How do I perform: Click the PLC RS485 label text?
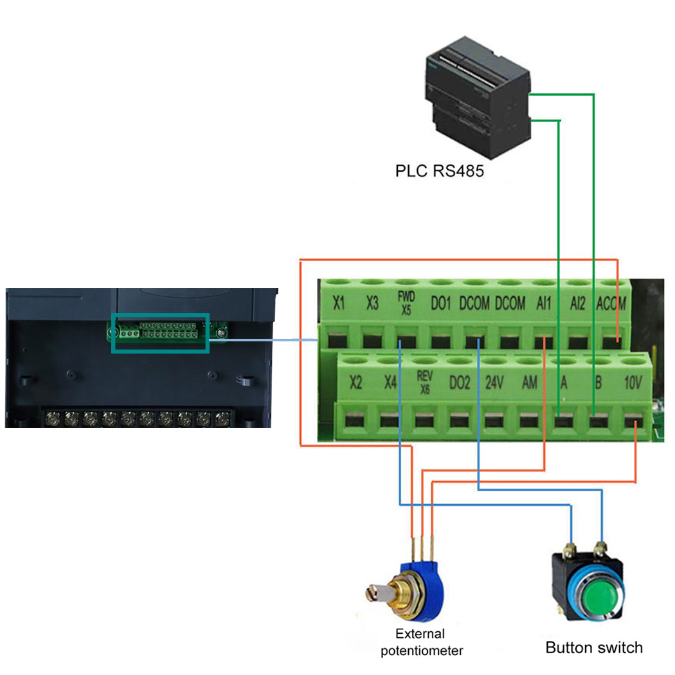click(x=439, y=172)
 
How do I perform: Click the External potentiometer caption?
click(x=421, y=642)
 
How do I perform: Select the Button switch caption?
click(x=593, y=647)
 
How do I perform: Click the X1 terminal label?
click(x=339, y=303)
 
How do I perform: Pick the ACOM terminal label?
click(x=611, y=303)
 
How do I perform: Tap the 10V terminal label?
click(x=633, y=383)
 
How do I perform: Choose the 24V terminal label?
click(x=494, y=383)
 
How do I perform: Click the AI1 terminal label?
click(x=543, y=303)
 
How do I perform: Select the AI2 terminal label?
click(x=577, y=303)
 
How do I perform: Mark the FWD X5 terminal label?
click(x=406, y=302)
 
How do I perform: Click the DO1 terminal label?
click(x=441, y=303)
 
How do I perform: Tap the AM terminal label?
click(x=529, y=383)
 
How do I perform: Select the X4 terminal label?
click(x=390, y=383)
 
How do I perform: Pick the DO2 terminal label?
click(x=459, y=383)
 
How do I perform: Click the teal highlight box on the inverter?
click(x=160, y=333)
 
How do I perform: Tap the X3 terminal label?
click(x=372, y=303)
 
